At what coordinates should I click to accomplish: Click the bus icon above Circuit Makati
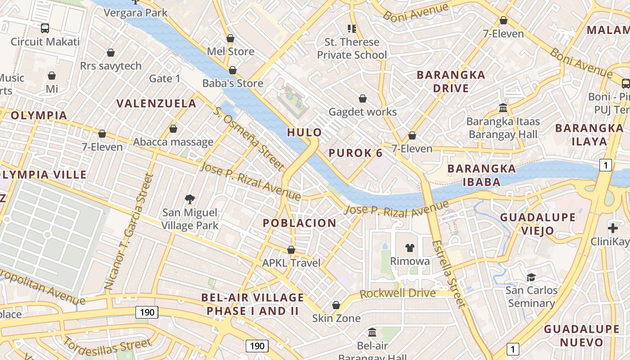coord(45,28)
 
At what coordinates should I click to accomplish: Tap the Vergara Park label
coord(135,13)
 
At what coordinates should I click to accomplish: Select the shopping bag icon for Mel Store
coord(230,39)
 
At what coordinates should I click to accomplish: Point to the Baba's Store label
coord(233,83)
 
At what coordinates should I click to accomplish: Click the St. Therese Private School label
coord(352,49)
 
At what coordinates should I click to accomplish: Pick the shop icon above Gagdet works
coord(363,99)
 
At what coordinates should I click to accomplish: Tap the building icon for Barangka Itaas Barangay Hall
coord(503,108)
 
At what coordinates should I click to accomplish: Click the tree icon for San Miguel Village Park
coord(190,199)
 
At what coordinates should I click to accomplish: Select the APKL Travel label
coord(291,263)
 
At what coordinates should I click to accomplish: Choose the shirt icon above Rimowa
coord(409,247)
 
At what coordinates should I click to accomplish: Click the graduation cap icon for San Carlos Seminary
coord(531,277)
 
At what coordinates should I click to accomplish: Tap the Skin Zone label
coord(337,318)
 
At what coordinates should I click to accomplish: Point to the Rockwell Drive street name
coord(398,293)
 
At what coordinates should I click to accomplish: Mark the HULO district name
coord(305,132)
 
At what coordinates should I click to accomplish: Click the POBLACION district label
coord(299,223)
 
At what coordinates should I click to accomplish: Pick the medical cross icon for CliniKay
coord(612,228)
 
